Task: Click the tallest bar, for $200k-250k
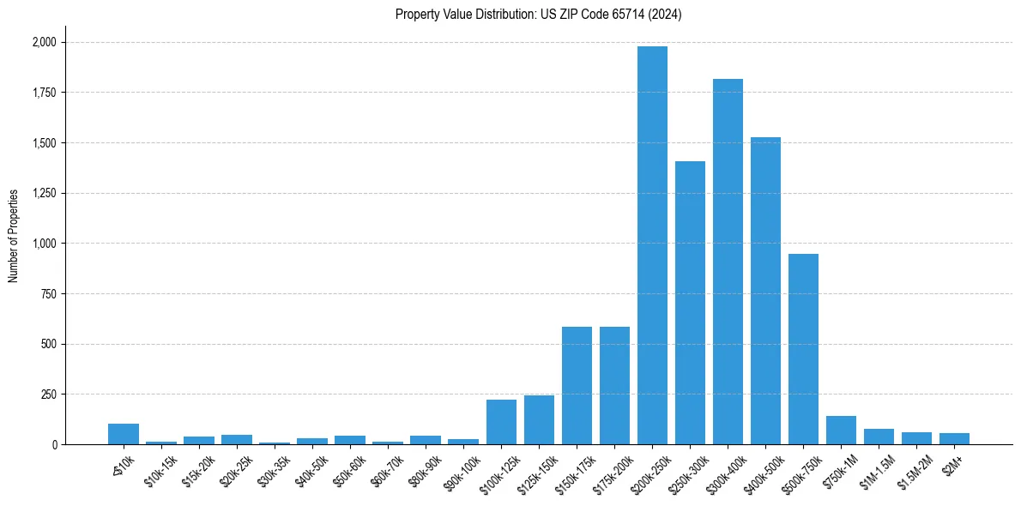(x=652, y=245)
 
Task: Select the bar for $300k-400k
(x=728, y=262)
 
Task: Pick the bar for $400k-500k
(x=765, y=291)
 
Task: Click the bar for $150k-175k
(x=577, y=386)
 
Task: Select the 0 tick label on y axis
(x=55, y=444)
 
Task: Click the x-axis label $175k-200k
(x=611, y=471)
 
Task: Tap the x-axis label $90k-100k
(x=460, y=471)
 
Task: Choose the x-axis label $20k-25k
(x=233, y=470)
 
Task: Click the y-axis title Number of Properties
(x=14, y=236)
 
